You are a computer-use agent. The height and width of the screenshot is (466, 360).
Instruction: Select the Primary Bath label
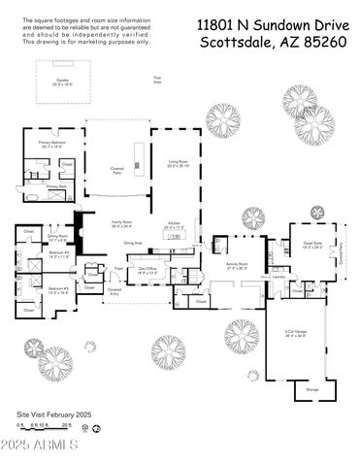pos(55,186)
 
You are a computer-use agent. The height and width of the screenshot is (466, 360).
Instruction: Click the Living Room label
pos(178,164)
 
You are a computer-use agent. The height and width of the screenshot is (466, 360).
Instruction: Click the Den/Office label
pos(147,271)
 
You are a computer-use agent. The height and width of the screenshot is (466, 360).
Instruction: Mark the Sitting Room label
pos(57,236)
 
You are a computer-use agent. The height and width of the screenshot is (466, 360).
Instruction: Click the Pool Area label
pos(156,81)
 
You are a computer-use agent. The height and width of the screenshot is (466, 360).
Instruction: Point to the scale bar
pos(45,425)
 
